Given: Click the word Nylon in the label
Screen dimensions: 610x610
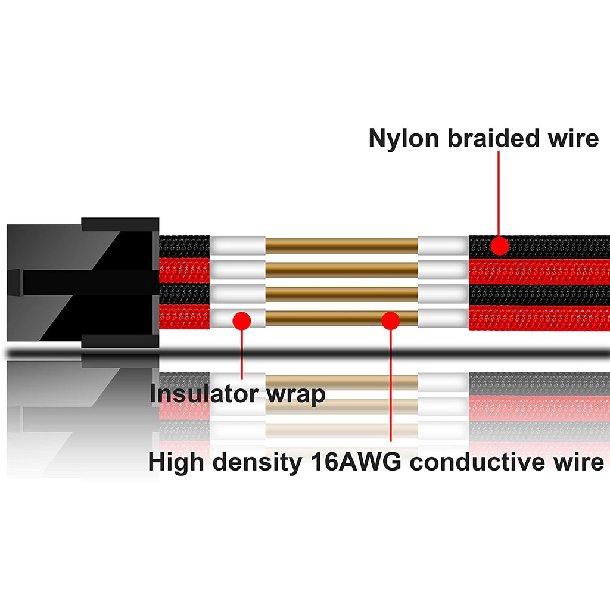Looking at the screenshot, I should point(403,138).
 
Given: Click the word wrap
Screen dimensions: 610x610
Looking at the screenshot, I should point(294,395).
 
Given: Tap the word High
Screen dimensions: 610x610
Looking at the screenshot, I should point(175,462).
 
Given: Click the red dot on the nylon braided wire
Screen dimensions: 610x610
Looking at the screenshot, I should point(499,245).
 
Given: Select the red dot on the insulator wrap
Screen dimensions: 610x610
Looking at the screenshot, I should point(241,320).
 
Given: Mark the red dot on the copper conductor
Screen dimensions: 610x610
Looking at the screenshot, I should point(390,320).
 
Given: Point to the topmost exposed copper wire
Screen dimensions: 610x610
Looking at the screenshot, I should point(341,245).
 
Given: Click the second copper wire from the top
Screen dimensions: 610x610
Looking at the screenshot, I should point(341,269).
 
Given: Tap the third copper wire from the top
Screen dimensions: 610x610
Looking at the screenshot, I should point(341,294).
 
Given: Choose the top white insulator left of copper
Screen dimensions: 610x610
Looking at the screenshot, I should point(238,245).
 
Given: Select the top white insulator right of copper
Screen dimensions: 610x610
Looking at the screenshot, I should point(443,245).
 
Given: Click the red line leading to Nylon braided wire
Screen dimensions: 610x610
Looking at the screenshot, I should point(499,191).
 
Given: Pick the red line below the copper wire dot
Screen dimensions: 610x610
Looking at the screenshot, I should point(390,387).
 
